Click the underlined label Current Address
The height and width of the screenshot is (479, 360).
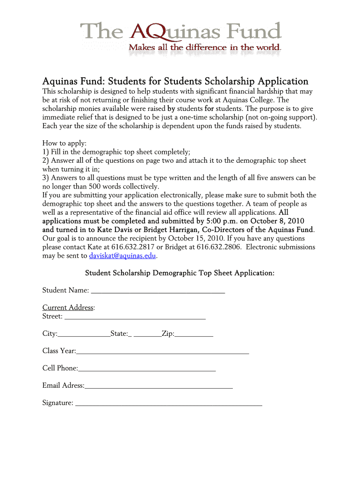[x=68, y=308]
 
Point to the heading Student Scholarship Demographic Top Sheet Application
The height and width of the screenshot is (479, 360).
[x=179, y=273]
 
